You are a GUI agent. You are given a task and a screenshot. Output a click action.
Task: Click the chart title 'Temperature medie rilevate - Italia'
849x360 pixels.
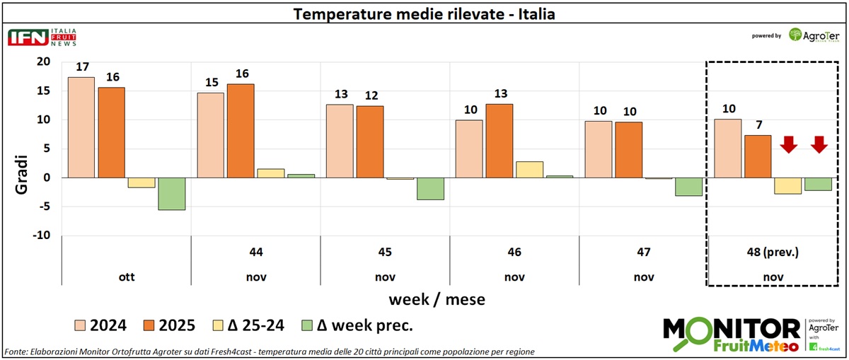coord(424,13)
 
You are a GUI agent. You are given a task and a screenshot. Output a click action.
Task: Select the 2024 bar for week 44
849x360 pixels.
coord(210,135)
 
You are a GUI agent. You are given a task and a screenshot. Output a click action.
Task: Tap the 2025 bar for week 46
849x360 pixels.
coord(499,141)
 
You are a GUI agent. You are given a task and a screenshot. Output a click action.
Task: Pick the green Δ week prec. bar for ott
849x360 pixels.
coord(172,194)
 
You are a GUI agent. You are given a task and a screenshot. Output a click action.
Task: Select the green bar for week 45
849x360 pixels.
coord(430,189)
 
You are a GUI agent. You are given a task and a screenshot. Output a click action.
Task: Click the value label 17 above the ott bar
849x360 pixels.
coord(82,67)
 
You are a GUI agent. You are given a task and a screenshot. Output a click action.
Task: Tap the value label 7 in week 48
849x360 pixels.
coord(758,125)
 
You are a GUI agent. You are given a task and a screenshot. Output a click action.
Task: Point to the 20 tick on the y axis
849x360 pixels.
coord(43,62)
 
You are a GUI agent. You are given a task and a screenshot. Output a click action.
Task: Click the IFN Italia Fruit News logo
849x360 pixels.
coord(42,37)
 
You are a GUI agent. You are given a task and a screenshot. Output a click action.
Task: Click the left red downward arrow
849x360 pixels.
coord(788,145)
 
